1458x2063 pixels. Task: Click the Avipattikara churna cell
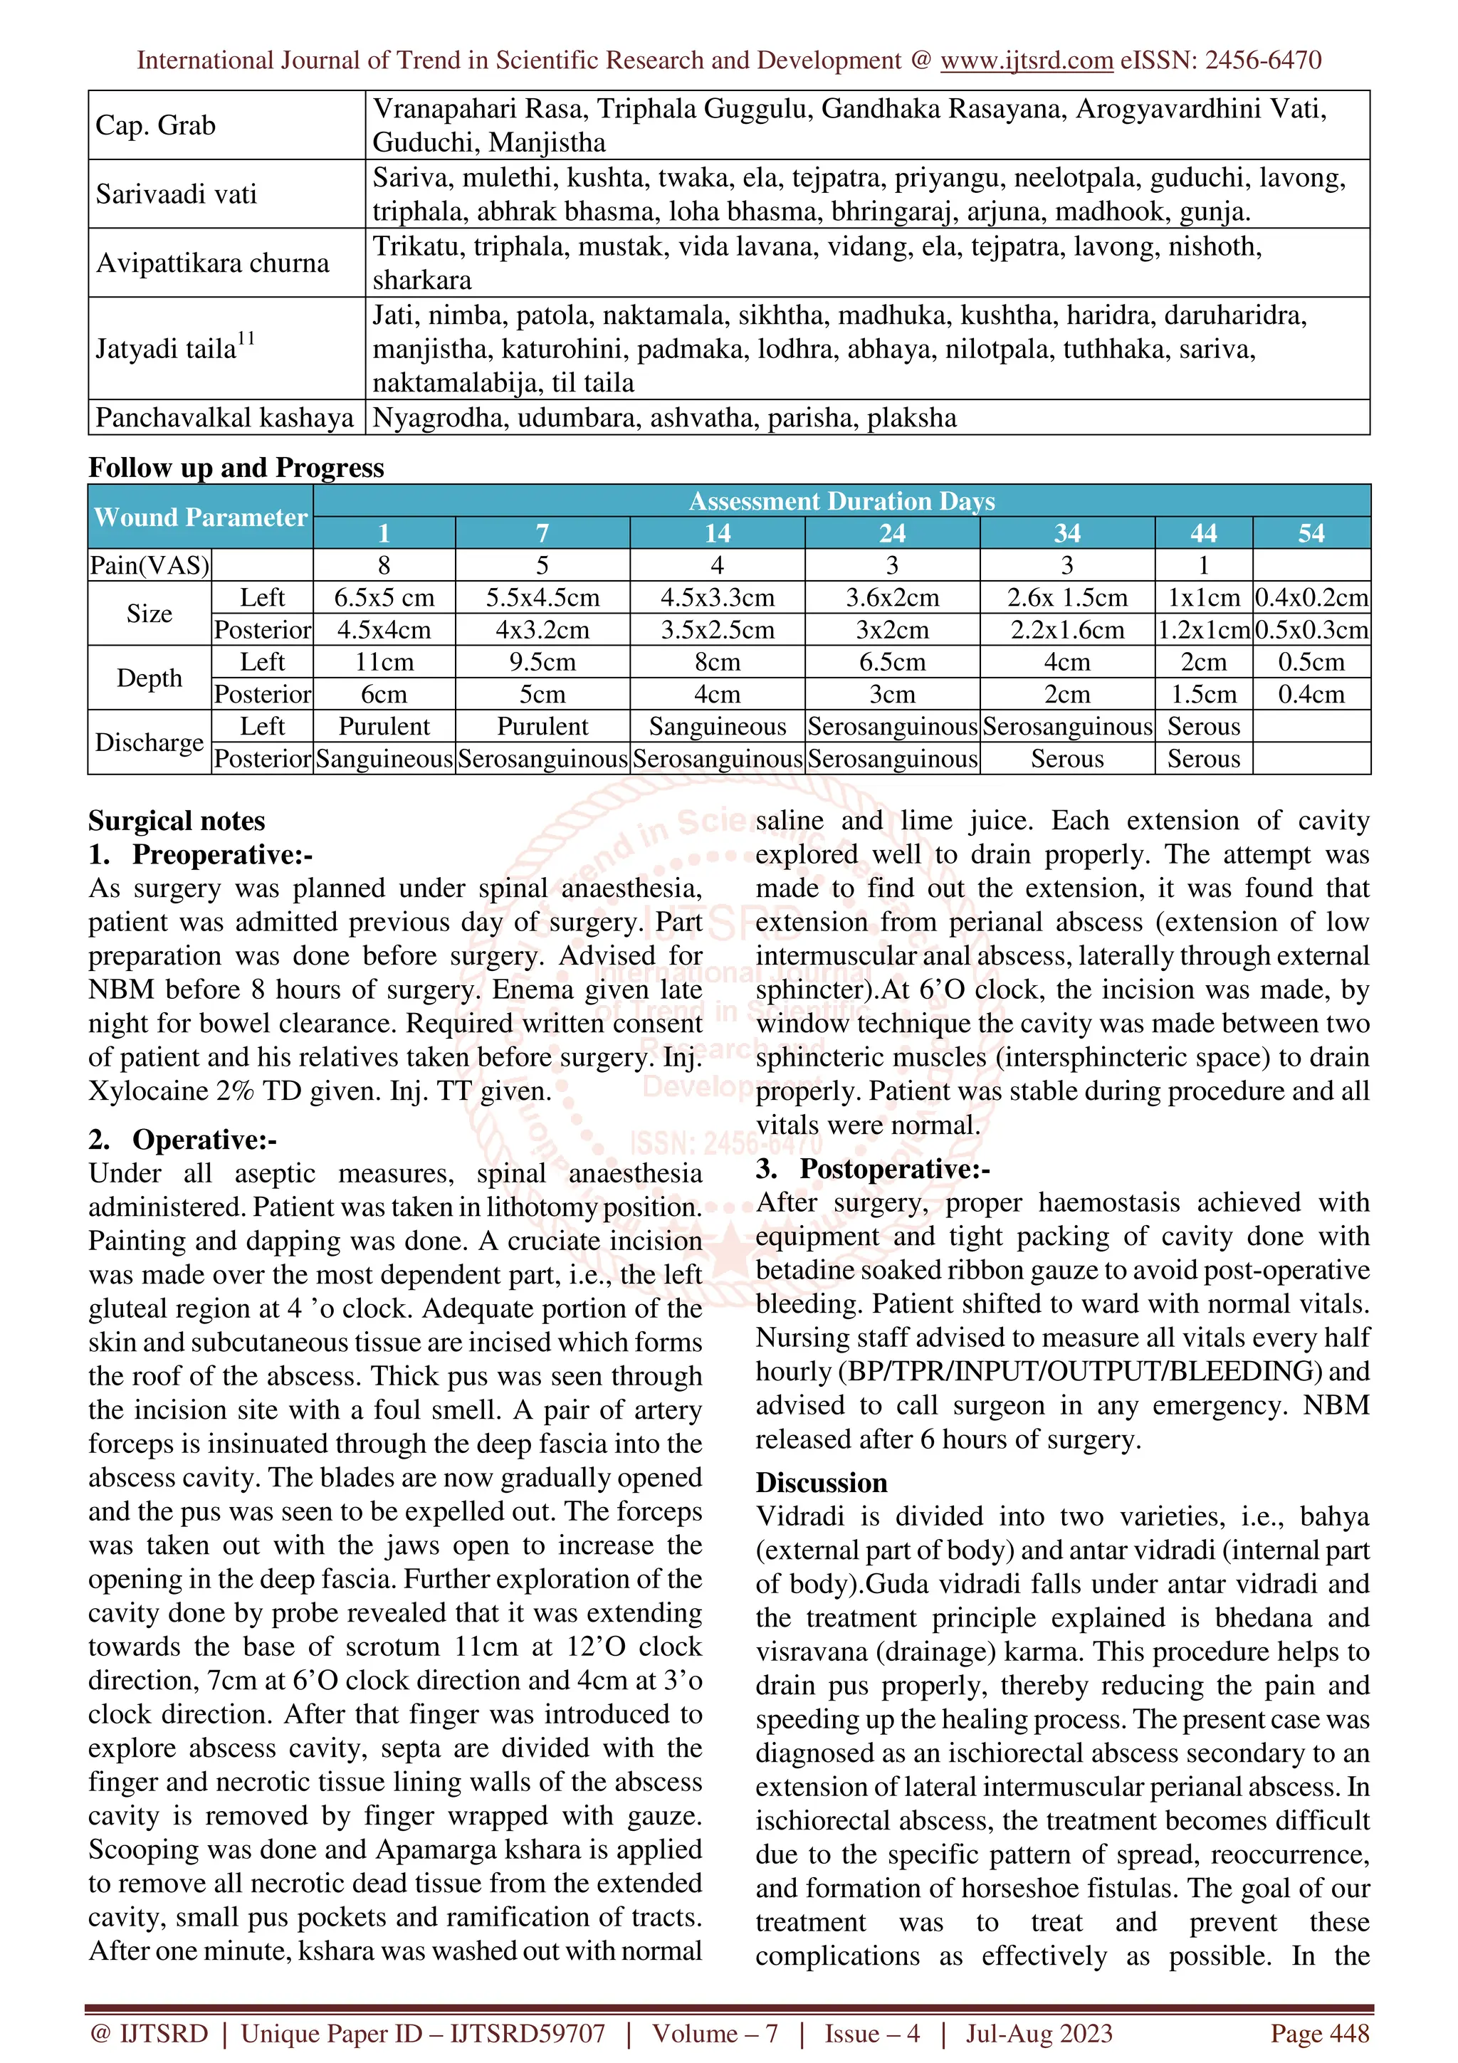[x=213, y=263]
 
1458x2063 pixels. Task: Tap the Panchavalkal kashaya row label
[x=224, y=418]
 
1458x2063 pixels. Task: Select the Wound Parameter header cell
[x=200, y=517]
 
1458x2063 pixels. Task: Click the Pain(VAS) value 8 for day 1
[x=384, y=565]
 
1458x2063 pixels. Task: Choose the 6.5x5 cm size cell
[x=384, y=597]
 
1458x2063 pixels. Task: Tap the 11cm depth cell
[x=384, y=662]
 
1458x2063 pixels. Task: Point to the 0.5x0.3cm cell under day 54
[x=1311, y=630]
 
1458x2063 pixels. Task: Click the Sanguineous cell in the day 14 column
[x=717, y=726]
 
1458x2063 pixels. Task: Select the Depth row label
[x=149, y=678]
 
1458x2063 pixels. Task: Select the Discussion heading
[x=821, y=1483]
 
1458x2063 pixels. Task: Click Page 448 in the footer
[x=1318, y=2032]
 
